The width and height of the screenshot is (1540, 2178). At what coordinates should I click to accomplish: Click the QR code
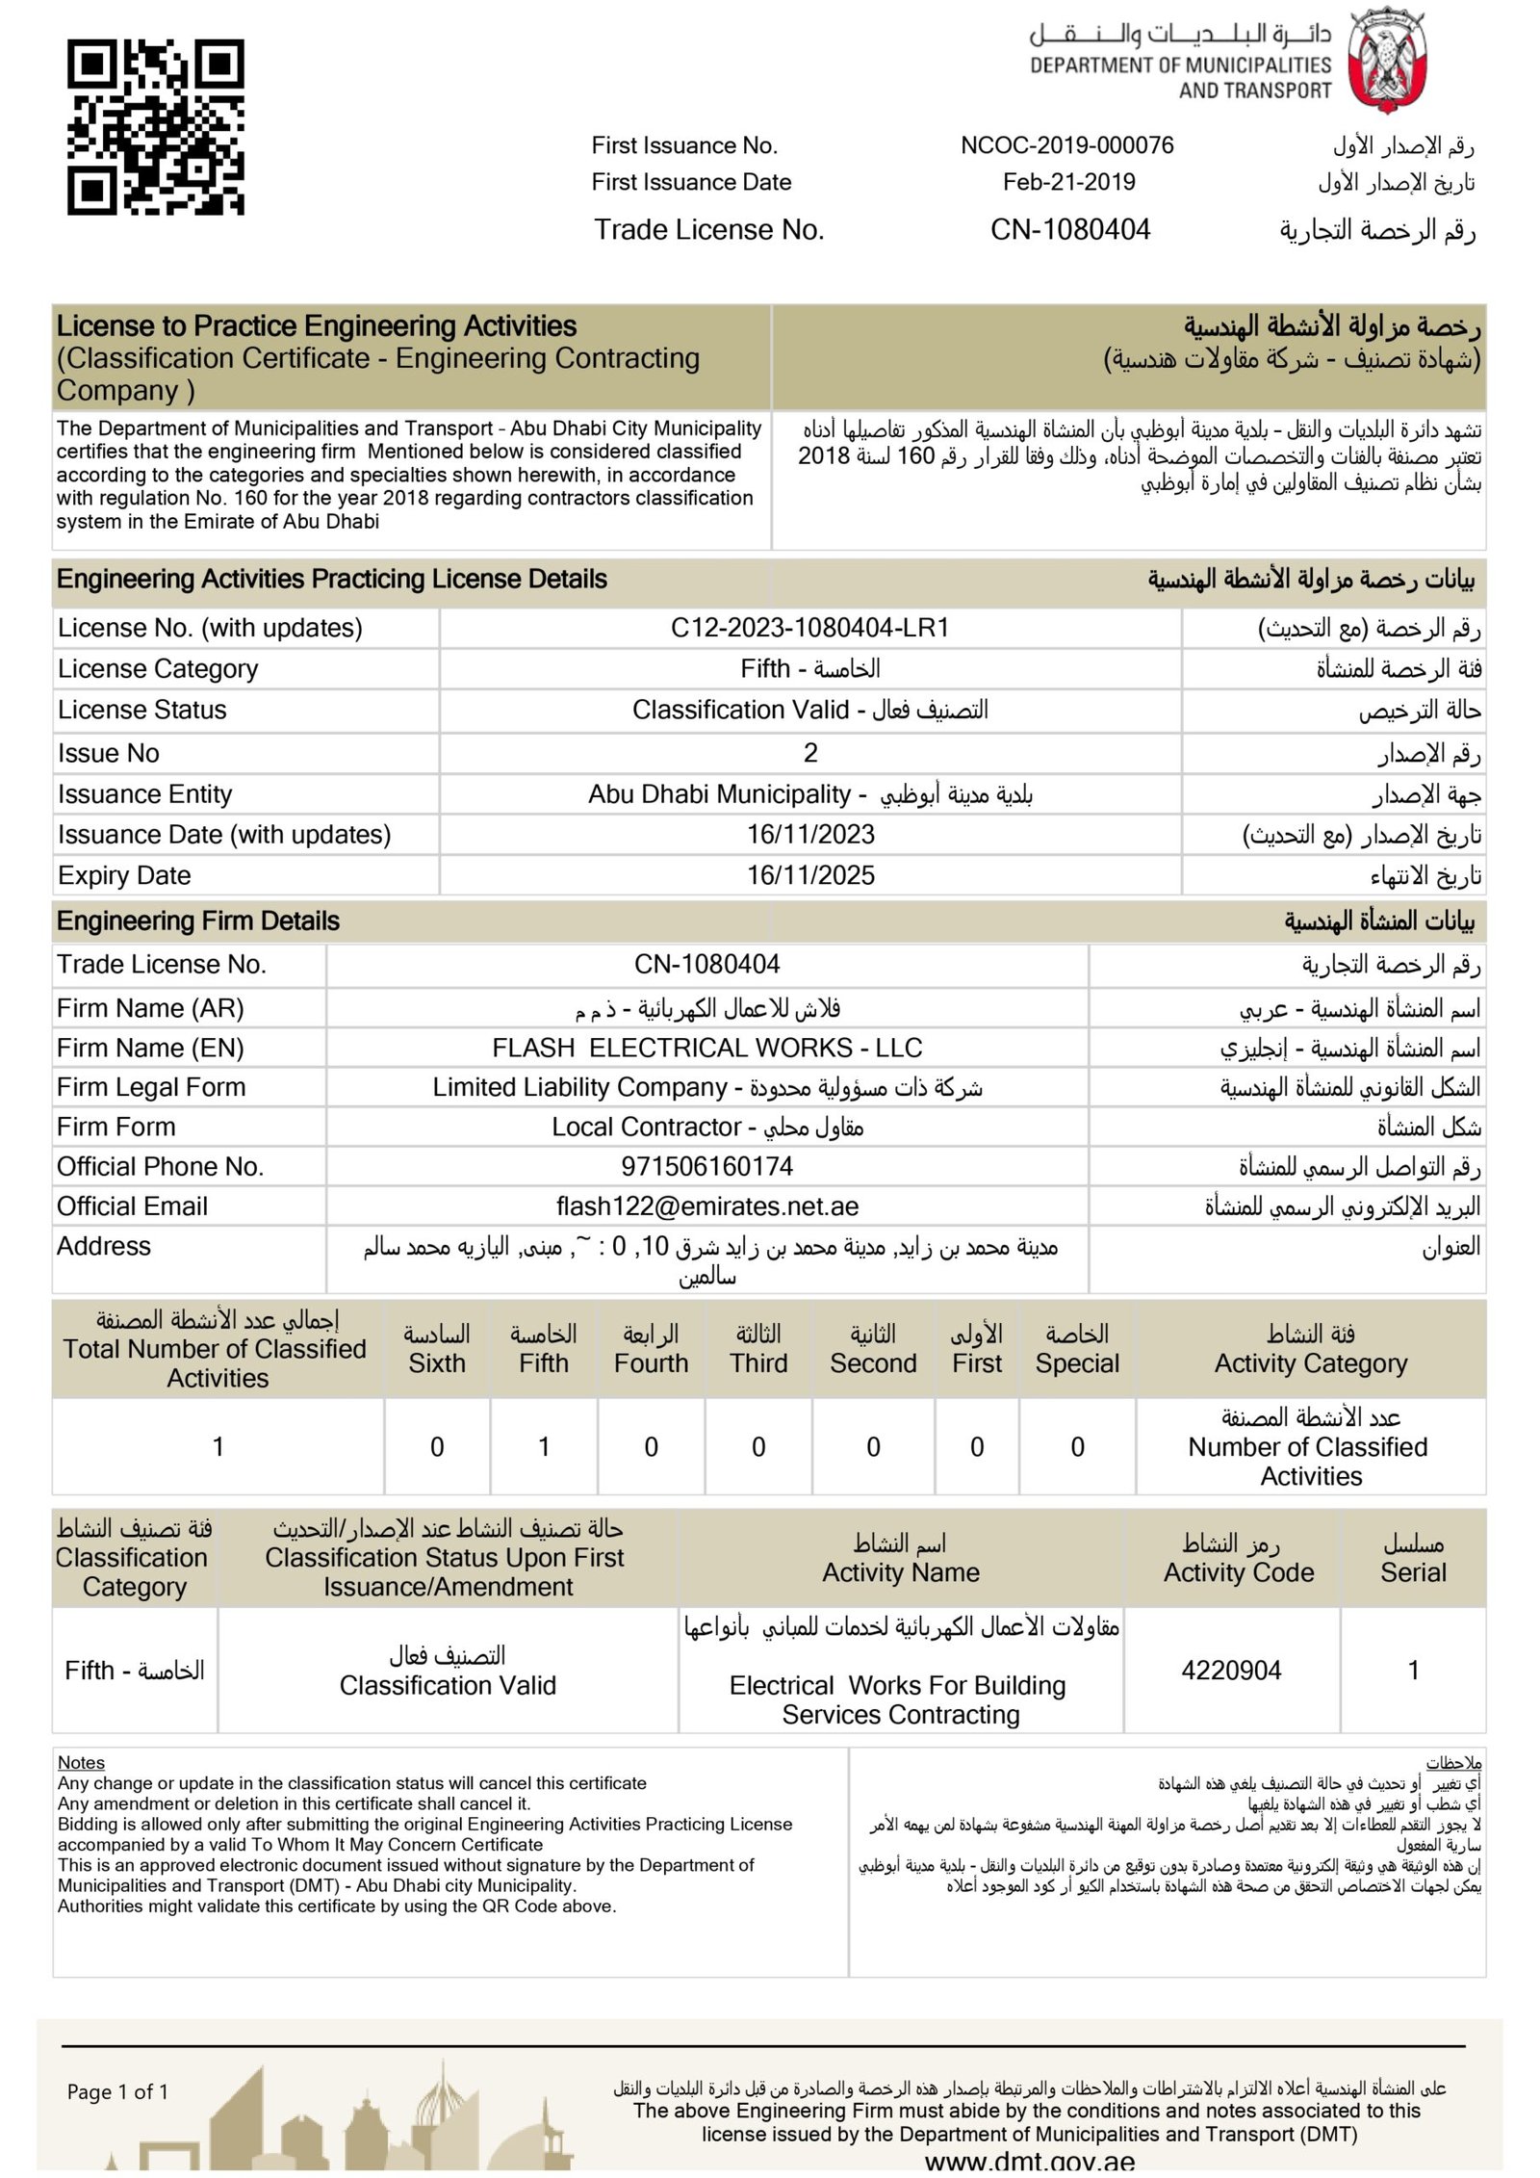tap(155, 126)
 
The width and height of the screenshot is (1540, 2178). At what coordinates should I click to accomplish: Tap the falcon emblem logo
tap(1386, 61)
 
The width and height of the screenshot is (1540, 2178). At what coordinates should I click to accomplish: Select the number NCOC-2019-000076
tap(1066, 145)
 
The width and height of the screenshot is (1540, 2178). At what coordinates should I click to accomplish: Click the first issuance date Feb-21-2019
tap(1068, 182)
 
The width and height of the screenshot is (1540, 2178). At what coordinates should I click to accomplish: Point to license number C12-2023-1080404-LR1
tap(809, 628)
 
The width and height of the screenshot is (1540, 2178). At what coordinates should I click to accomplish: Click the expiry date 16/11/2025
tap(810, 875)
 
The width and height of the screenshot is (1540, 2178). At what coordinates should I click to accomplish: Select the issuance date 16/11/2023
tap(810, 834)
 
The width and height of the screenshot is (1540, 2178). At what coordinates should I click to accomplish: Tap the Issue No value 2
tap(810, 753)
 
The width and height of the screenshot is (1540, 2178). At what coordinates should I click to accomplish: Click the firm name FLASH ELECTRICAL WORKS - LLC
tap(706, 1048)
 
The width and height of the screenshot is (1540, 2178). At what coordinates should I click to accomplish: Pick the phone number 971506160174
tap(706, 1166)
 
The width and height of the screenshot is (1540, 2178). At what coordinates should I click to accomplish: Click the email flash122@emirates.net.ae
tap(706, 1206)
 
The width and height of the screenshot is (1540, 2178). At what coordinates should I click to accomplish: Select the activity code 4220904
tap(1231, 1670)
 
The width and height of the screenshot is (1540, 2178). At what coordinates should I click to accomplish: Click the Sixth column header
tap(436, 1349)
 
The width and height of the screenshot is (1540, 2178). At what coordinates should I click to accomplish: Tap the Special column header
tap(1077, 1349)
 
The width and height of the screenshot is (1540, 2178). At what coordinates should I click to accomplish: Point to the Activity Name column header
tap(900, 1558)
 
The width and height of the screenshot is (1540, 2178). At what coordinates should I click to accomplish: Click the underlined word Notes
tap(81, 1762)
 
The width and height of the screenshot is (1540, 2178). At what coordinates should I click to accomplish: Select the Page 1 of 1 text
tap(117, 2091)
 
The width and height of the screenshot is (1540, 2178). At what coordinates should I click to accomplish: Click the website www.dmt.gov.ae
tap(1029, 2162)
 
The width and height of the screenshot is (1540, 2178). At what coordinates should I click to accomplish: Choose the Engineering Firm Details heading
tap(197, 921)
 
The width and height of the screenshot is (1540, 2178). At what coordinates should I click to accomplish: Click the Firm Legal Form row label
tap(151, 1087)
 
